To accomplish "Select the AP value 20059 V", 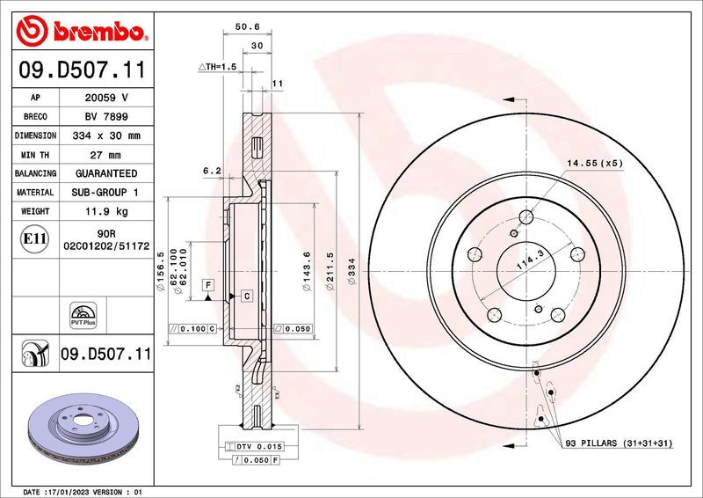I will pos(105,99).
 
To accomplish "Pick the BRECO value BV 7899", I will pos(105,117).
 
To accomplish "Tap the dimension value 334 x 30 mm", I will pos(105,136).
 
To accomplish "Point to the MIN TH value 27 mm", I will pos(105,155).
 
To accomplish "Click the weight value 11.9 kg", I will pos(105,211).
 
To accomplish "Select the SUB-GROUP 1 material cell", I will pos(105,192).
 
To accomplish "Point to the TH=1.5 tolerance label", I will pos(218,67).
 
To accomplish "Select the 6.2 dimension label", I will pos(211,171).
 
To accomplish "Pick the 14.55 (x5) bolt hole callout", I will pos(594,164).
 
